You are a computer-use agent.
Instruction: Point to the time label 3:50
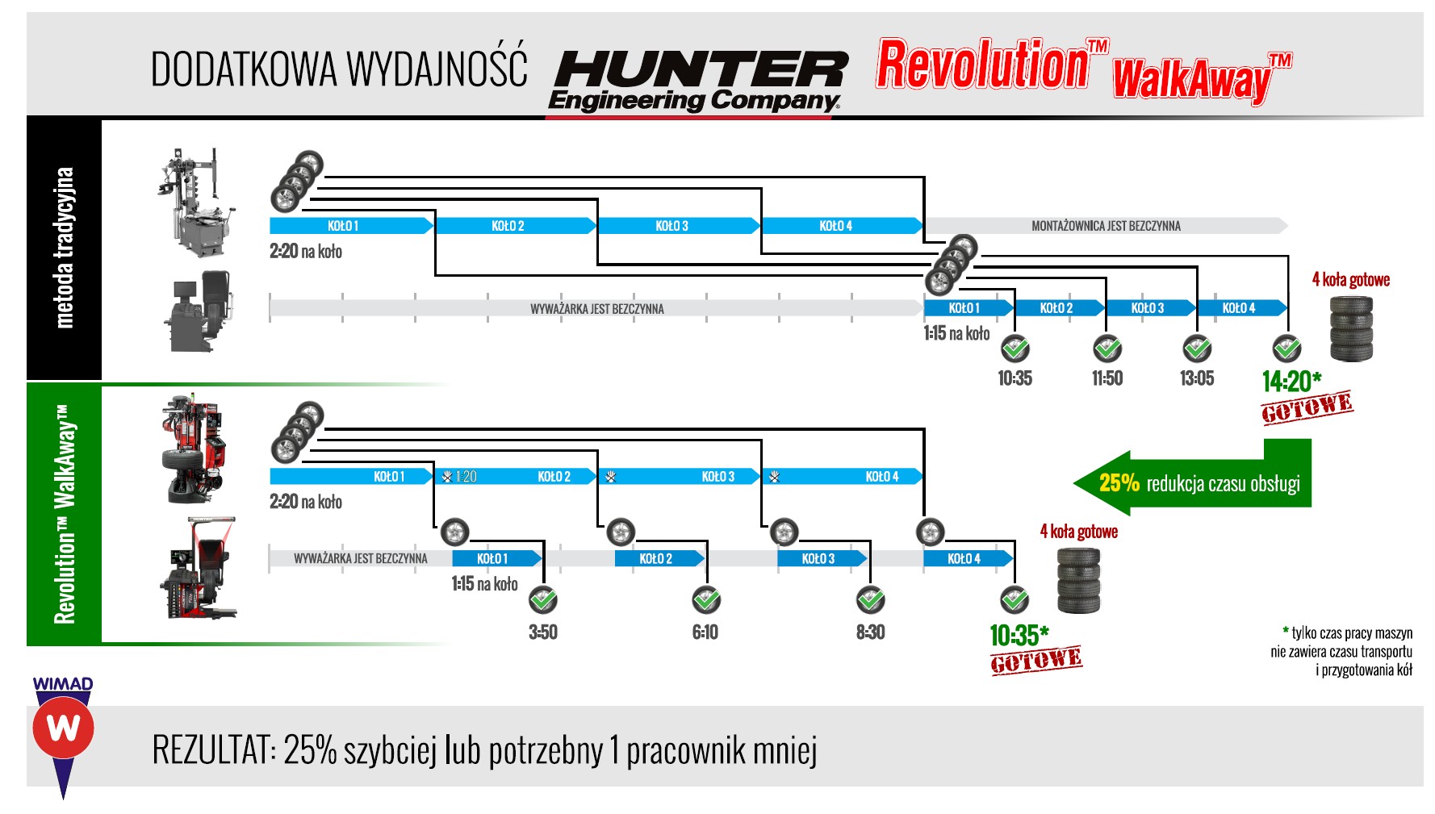coord(543,632)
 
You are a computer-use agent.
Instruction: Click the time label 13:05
coord(1196,378)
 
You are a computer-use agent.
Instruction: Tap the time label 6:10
coord(705,632)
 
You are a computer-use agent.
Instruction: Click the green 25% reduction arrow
coord(1192,483)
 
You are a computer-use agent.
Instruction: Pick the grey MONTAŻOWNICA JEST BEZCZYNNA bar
coord(1106,226)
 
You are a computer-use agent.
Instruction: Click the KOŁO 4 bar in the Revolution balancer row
coord(965,558)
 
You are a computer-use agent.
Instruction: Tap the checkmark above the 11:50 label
coord(1107,349)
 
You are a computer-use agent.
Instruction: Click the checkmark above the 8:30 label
coord(870,600)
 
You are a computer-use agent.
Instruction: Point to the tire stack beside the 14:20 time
coord(1351,328)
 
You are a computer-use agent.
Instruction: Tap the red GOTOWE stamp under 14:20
coord(1307,407)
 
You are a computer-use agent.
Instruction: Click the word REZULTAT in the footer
coord(211,750)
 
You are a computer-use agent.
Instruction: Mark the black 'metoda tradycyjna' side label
coord(65,247)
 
